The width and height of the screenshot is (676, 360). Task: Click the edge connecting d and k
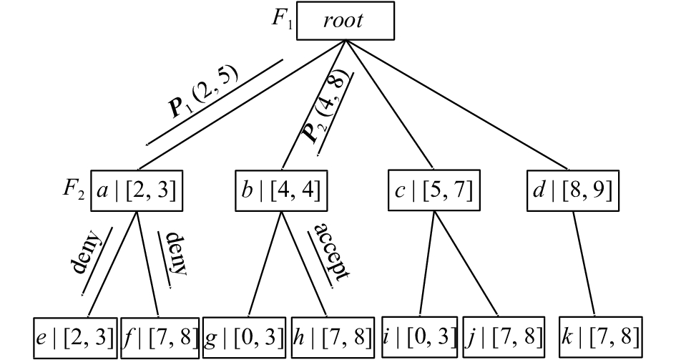coord(584,264)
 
